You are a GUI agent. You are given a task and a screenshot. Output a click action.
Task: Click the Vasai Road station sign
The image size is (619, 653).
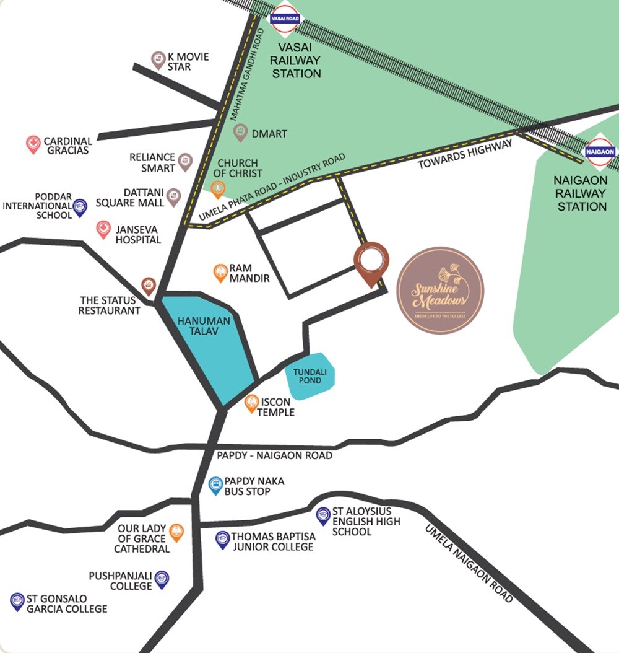click(285, 18)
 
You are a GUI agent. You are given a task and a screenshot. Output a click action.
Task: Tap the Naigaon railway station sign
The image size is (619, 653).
click(600, 151)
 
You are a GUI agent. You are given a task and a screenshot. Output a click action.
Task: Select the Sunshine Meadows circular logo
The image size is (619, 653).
click(440, 290)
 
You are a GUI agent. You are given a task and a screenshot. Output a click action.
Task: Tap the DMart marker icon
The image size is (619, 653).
click(240, 132)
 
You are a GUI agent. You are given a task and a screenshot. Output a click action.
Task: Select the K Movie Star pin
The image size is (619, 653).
click(158, 60)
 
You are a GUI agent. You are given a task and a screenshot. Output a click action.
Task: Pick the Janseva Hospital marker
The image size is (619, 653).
click(103, 230)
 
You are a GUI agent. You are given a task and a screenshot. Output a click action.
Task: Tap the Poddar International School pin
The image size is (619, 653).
click(80, 208)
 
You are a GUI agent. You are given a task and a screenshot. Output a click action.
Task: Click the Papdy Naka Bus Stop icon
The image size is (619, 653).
click(215, 485)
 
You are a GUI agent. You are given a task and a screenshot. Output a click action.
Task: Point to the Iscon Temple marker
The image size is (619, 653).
click(251, 403)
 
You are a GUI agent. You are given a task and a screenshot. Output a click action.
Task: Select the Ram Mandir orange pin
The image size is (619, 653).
click(220, 273)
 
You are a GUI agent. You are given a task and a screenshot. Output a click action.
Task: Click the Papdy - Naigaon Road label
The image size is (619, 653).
click(274, 455)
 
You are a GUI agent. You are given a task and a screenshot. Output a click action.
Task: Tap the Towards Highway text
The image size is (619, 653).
click(465, 155)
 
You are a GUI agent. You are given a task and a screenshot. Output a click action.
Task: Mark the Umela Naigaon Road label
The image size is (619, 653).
click(469, 563)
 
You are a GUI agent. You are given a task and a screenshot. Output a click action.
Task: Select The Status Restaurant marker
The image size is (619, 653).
click(148, 286)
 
